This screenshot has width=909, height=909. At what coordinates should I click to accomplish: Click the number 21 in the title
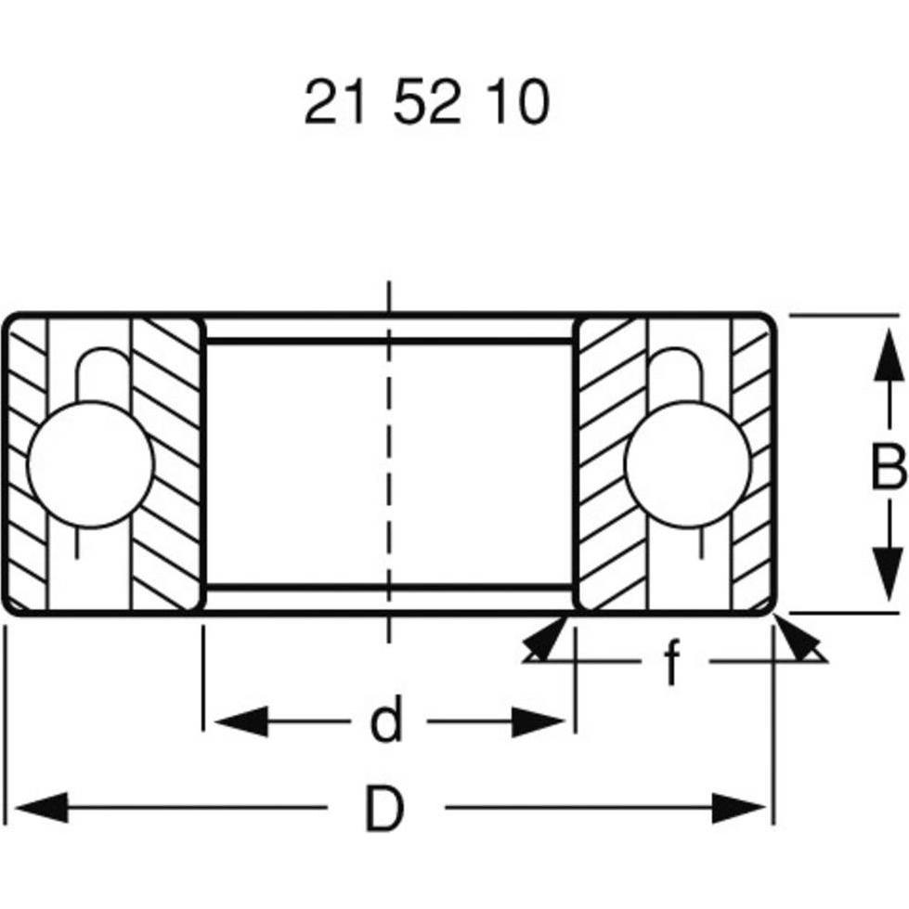[331, 103]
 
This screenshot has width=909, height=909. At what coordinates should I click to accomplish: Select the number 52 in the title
[426, 103]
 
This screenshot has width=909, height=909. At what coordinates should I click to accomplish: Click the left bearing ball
[90, 464]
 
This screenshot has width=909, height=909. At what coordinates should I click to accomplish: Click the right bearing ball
[687, 464]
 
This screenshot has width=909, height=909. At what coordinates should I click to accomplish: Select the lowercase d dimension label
[386, 721]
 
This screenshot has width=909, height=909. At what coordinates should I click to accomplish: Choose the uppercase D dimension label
[384, 810]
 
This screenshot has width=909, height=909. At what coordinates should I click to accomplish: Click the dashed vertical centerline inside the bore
[388, 464]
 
